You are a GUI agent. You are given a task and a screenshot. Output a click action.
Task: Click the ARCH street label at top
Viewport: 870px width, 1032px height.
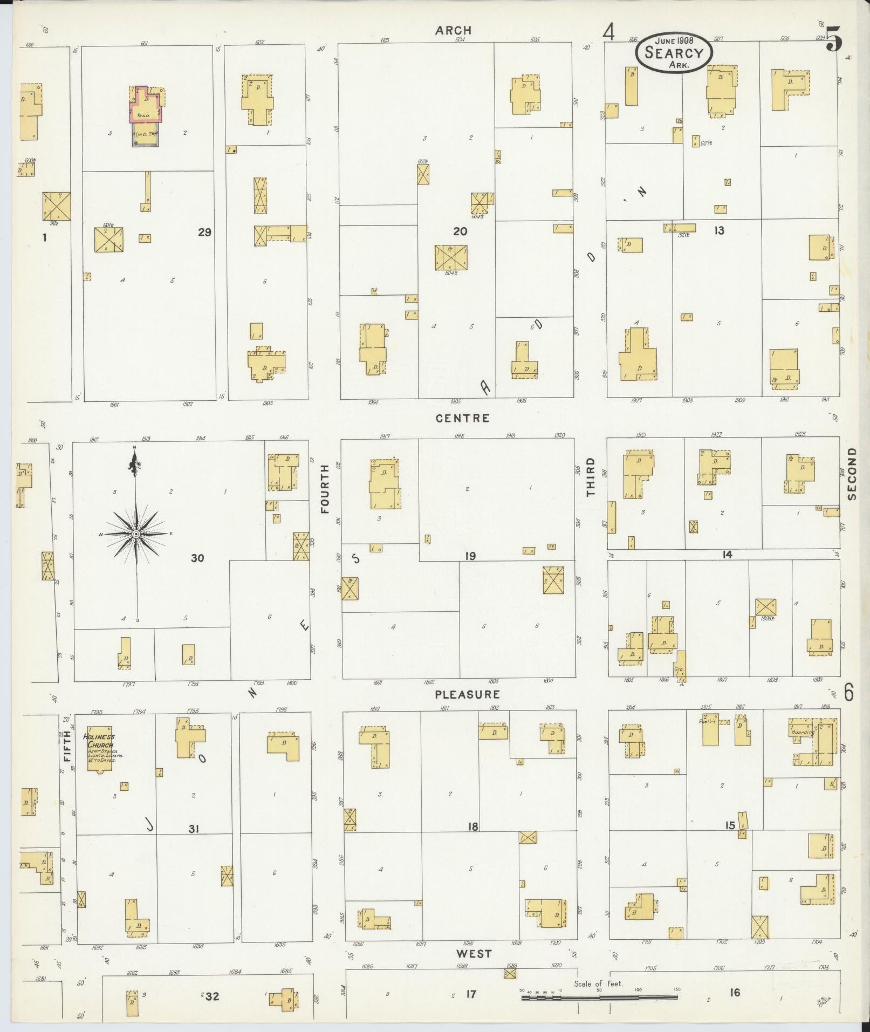(453, 30)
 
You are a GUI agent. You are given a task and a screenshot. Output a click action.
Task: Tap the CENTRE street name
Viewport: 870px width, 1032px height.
(463, 418)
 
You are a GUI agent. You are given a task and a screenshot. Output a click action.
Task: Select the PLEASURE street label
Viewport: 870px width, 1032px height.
(468, 694)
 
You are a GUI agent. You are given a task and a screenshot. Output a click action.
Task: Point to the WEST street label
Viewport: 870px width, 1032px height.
(473, 954)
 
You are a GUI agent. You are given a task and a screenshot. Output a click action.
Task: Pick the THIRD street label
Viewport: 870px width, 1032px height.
(590, 477)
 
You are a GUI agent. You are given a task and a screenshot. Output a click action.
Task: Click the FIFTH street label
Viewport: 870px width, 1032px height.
(67, 746)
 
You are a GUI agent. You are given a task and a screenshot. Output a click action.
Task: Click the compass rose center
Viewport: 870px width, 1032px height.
(136, 534)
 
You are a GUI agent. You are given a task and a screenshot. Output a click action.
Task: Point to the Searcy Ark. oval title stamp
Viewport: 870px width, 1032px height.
(674, 53)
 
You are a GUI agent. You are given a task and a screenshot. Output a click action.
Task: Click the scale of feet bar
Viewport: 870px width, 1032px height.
(599, 997)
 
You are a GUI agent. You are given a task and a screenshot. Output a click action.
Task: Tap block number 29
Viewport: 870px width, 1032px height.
(204, 233)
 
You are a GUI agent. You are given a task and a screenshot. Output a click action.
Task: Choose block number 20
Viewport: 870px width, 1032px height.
(460, 231)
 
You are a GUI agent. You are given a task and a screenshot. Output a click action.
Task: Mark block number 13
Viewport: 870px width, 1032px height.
(718, 231)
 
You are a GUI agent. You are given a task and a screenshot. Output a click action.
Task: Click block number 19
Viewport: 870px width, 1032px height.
(470, 556)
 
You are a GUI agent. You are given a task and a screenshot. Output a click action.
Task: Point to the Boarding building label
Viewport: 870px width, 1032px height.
(802, 733)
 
